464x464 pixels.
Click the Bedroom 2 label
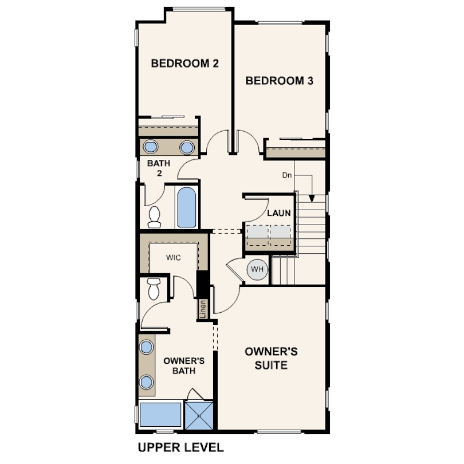(184, 64)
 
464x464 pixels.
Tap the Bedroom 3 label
(279, 81)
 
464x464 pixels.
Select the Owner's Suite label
(271, 359)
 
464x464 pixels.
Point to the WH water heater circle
(257, 269)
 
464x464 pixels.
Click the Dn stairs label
(287, 175)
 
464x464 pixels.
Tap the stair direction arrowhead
(311, 199)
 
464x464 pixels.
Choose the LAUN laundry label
(279, 213)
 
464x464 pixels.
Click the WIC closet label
(174, 257)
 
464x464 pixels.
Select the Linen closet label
(203, 309)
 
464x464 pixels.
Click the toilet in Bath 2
(154, 217)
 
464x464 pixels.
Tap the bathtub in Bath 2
(186, 207)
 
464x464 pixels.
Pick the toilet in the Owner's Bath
(154, 289)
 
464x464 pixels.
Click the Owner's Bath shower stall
(199, 415)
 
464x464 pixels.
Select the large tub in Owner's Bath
(160, 414)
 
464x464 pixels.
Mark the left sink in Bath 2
(151, 147)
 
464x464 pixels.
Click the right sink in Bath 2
(187, 147)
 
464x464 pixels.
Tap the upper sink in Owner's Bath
(147, 347)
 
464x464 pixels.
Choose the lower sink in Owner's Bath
(147, 382)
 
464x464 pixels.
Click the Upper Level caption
(181, 447)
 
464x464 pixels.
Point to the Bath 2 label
(159, 168)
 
